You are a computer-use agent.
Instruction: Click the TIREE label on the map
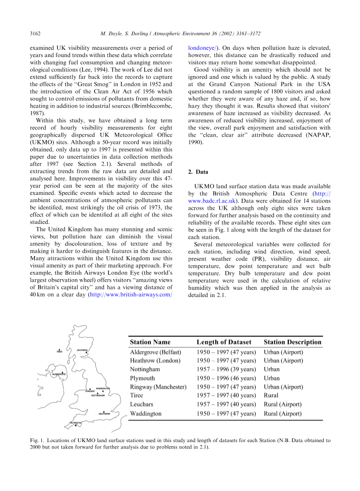tap(60, 352)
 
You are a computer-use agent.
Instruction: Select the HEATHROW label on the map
tap(104, 414)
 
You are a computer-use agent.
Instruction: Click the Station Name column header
tap(150, 342)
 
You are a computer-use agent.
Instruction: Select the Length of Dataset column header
tap(224, 342)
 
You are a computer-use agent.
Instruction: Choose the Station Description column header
tap(292, 342)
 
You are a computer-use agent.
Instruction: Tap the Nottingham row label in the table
tap(145, 369)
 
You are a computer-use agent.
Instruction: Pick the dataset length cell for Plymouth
tap(226, 378)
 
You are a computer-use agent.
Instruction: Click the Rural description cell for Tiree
tap(271, 396)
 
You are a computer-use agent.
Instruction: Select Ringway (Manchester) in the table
tap(158, 387)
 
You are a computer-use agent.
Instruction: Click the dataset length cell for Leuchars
tap(226, 404)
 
